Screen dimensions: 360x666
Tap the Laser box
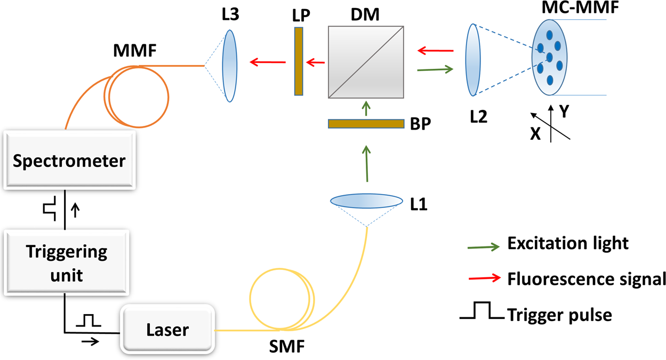point(167,330)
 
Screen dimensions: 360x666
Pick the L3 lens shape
point(230,66)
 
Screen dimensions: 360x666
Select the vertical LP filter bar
point(299,61)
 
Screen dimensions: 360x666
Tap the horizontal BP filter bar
point(366,124)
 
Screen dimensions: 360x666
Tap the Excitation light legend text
point(568,244)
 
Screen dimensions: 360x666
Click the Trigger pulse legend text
point(560,315)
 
